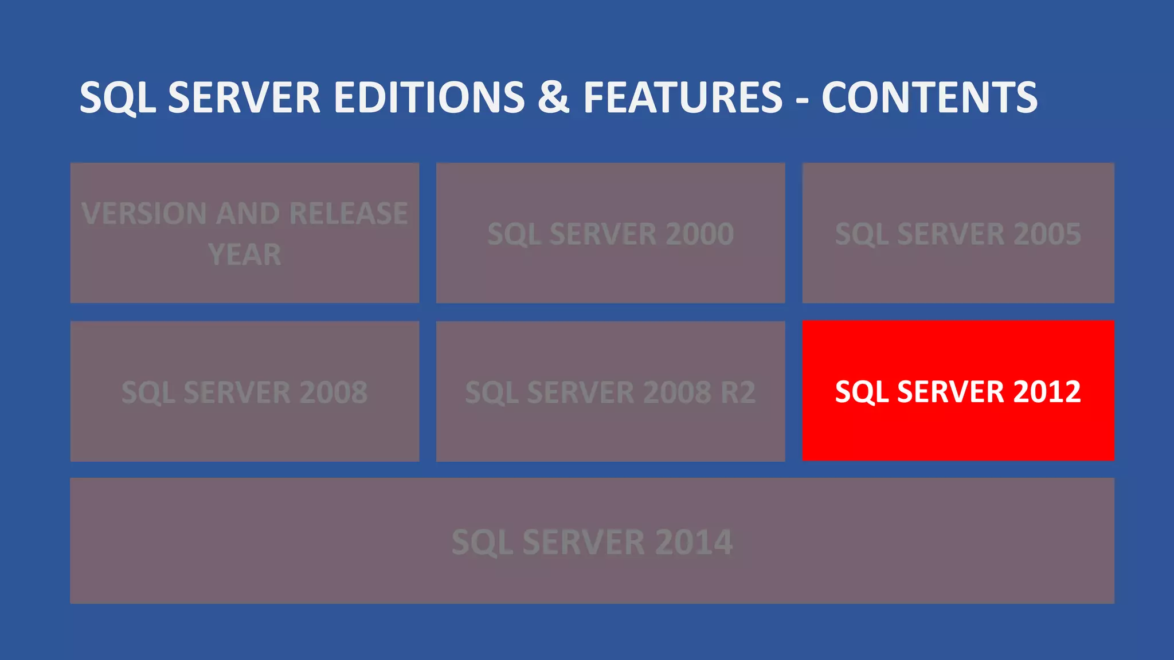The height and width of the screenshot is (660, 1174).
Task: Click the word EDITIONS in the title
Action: tap(429, 97)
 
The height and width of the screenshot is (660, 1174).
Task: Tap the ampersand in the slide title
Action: tap(553, 97)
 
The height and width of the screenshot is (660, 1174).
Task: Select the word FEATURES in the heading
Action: tap(683, 97)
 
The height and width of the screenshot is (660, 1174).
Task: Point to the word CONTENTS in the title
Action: tap(929, 97)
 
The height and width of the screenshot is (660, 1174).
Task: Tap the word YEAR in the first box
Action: tap(245, 254)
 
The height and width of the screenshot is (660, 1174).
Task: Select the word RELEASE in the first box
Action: tap(349, 214)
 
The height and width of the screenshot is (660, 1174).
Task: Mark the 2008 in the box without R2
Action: tap(333, 392)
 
